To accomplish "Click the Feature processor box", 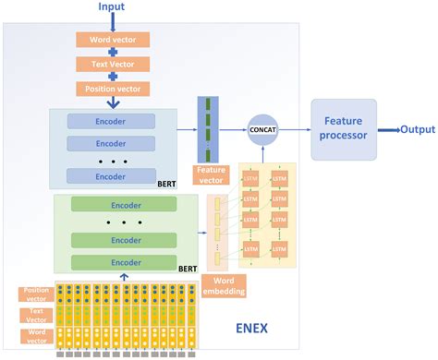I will pos(343,129).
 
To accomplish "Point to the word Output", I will pos(418,130).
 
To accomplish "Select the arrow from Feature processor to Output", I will pos(386,130).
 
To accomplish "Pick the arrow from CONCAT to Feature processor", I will pos(296,131).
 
